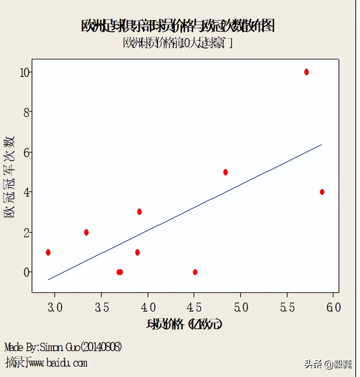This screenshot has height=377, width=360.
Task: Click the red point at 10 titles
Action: tap(306, 72)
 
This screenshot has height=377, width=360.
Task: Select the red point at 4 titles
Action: tap(322, 192)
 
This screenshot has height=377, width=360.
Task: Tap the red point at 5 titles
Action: tap(225, 172)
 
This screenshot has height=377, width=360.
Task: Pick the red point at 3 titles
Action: tap(139, 212)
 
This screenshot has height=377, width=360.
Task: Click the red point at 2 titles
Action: tap(86, 232)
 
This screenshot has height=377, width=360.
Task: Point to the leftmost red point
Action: tap(48, 253)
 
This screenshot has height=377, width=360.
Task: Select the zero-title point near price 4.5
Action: tap(195, 272)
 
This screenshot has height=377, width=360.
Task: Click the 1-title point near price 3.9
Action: tap(137, 253)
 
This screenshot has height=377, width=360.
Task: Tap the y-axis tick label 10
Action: tap(25, 73)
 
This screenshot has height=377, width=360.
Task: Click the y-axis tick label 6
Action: tap(27, 153)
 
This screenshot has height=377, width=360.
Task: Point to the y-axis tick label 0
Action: tap(27, 273)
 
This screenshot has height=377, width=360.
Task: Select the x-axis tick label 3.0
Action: tap(55, 307)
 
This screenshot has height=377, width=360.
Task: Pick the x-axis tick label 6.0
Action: tap(333, 307)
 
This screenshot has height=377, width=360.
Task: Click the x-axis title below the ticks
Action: tap(184, 324)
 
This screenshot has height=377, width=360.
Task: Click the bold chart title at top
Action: tap(178, 26)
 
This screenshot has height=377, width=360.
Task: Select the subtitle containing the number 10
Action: tap(178, 43)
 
